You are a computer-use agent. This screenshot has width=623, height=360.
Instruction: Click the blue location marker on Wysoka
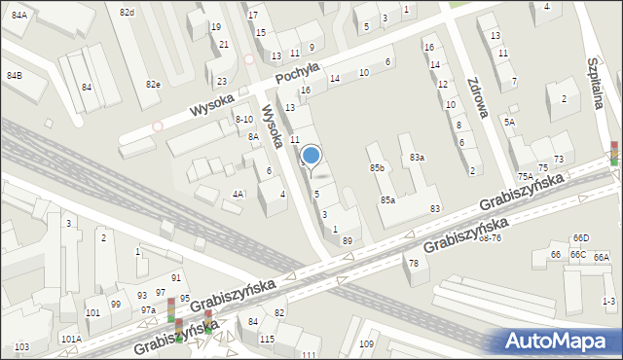click(311, 155)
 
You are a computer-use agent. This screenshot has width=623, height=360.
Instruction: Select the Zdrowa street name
click(477, 96)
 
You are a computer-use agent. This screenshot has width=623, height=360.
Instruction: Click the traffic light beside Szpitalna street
click(614, 152)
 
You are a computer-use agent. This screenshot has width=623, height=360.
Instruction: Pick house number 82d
click(127, 12)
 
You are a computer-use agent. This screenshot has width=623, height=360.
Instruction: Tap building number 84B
click(15, 75)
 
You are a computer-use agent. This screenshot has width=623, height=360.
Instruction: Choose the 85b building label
click(377, 168)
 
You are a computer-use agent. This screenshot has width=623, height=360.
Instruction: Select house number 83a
click(417, 157)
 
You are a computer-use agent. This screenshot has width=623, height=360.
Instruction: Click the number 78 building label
click(413, 263)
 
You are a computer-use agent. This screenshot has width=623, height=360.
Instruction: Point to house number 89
click(348, 239)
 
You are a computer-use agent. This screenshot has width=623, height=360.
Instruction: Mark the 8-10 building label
click(244, 119)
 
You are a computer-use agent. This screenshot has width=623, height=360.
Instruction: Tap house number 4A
click(238, 194)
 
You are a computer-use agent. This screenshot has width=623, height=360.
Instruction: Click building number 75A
click(526, 176)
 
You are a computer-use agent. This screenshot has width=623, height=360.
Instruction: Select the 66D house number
click(581, 237)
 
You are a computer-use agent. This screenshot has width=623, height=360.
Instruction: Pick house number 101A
click(71, 339)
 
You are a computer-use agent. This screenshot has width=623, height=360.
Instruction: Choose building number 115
click(268, 338)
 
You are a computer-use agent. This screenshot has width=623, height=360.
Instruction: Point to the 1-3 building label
click(609, 302)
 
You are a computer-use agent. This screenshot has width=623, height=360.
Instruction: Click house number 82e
click(153, 85)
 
